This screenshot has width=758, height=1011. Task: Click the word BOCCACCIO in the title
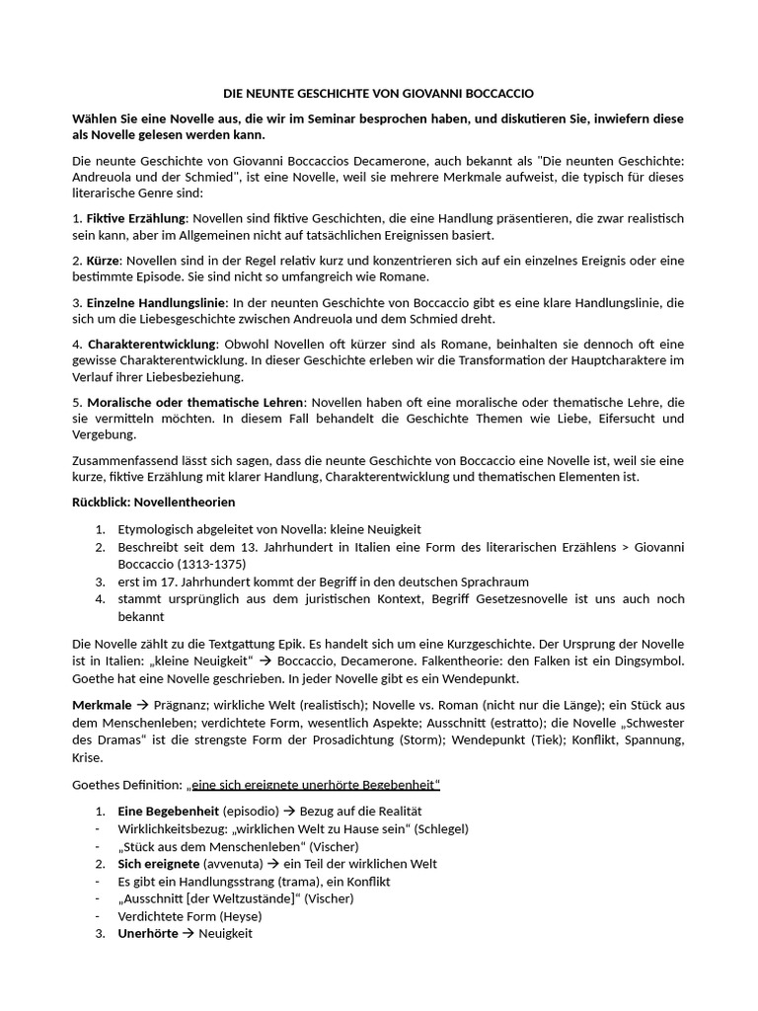point(493,93)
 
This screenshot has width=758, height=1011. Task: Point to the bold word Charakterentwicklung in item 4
point(151,344)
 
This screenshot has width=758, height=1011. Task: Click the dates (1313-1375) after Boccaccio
point(211,565)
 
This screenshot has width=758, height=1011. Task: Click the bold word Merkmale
point(102,705)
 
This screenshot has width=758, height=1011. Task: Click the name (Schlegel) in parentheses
point(441,828)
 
